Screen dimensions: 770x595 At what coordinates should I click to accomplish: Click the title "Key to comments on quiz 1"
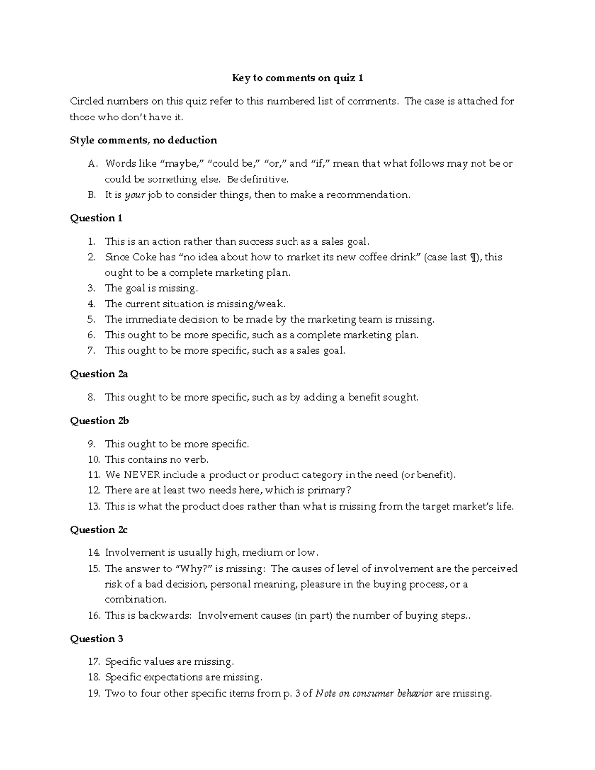(x=298, y=78)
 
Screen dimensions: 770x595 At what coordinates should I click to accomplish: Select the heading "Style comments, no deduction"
(x=143, y=140)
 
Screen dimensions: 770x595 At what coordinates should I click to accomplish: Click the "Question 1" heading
(x=96, y=218)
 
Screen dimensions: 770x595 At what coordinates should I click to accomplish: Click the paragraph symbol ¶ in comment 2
(x=477, y=257)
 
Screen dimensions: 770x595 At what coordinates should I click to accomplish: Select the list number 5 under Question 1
(x=91, y=320)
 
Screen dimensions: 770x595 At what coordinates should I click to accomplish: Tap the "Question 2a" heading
(x=99, y=374)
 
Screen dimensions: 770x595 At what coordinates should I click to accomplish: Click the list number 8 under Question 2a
(x=91, y=398)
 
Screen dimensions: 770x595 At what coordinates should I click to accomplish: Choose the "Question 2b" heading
(x=99, y=421)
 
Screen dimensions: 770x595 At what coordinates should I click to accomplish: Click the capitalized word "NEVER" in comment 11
(x=141, y=475)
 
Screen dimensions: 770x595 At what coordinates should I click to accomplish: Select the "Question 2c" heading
(x=99, y=530)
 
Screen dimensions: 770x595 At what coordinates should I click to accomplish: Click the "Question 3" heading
(x=96, y=639)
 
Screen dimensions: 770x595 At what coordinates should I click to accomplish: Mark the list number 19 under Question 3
(x=94, y=693)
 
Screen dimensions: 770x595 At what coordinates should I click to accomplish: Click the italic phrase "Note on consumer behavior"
(x=374, y=693)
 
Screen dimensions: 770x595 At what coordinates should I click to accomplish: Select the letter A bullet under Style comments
(x=91, y=164)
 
